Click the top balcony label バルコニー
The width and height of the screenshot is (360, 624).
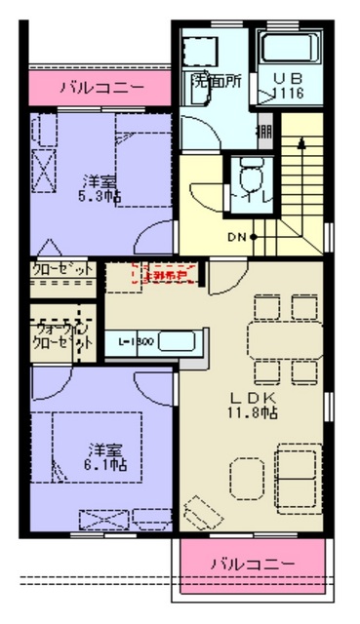click(x=101, y=88)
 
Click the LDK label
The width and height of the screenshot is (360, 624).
click(x=254, y=398)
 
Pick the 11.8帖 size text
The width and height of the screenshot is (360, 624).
click(x=254, y=413)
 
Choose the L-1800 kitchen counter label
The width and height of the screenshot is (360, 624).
click(x=134, y=343)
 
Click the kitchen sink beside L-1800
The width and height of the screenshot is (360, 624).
click(x=179, y=342)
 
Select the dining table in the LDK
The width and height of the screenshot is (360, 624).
click(x=284, y=341)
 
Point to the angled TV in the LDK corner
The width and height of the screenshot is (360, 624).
click(x=201, y=510)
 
